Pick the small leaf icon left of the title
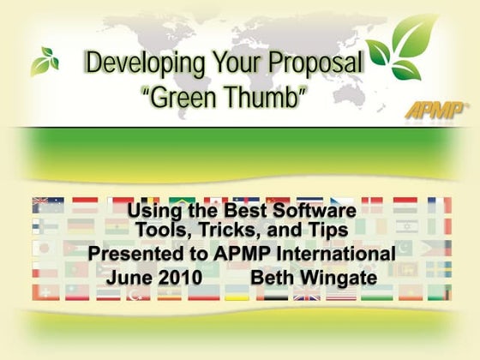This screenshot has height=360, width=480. point(45,61)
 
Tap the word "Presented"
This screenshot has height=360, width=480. point(142,255)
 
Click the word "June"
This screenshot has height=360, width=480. point(134,279)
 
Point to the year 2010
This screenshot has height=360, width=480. point(184,279)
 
